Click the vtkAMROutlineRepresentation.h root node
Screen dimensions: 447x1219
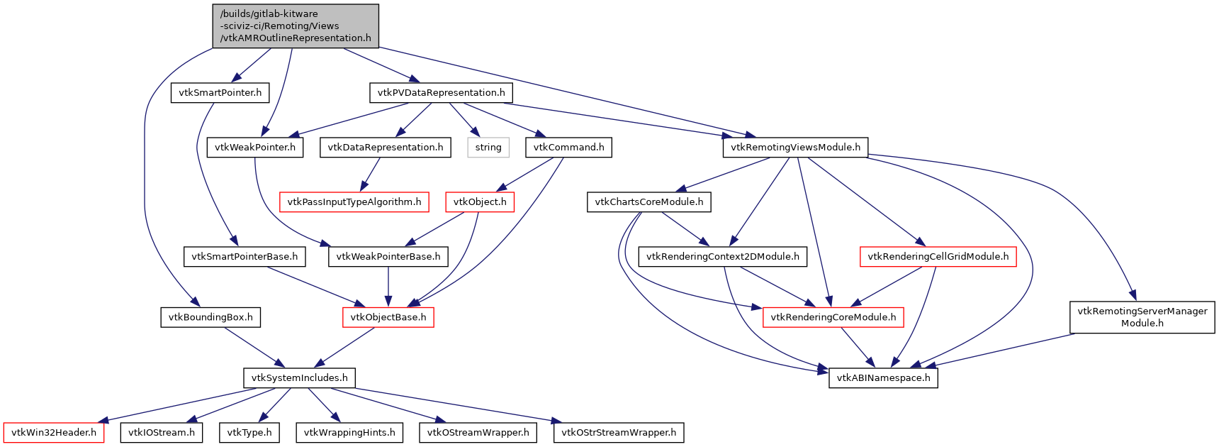point(296,26)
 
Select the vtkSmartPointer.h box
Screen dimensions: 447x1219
point(220,93)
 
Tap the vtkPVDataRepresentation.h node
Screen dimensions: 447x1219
point(441,93)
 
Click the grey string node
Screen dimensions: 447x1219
point(488,148)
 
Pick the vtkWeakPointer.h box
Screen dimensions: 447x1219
point(255,148)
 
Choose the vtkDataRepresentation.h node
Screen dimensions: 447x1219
point(385,148)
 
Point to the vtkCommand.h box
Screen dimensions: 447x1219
point(568,148)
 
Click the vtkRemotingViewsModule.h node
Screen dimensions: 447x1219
point(795,148)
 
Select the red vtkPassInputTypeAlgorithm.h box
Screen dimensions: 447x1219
point(354,202)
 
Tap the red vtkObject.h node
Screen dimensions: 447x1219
point(480,202)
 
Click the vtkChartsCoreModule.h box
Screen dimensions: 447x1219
point(648,202)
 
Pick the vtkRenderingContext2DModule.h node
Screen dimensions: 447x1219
point(722,257)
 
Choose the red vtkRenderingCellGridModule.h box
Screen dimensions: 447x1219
point(938,257)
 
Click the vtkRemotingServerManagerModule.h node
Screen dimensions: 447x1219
point(1142,317)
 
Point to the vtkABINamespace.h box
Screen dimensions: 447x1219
point(883,378)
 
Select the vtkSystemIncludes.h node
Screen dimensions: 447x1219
point(299,378)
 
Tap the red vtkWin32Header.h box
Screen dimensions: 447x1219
point(54,433)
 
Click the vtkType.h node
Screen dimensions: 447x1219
point(249,433)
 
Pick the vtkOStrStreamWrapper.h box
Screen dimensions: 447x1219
point(618,433)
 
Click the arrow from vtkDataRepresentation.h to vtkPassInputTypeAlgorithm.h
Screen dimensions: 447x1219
point(371,174)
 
